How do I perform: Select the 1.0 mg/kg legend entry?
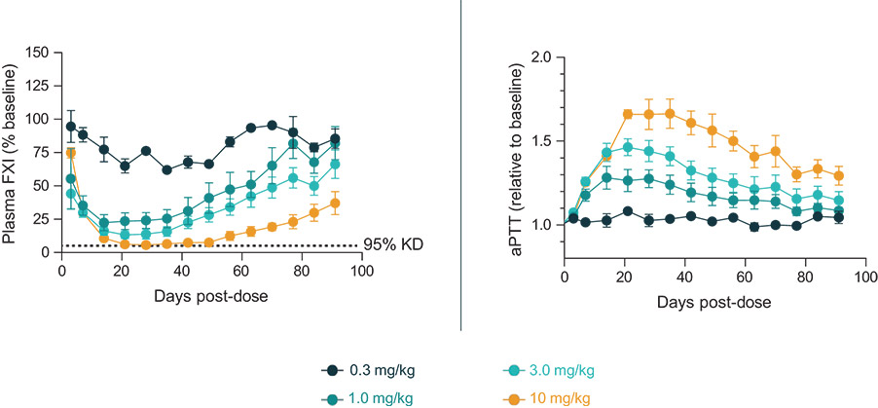click(x=370, y=398)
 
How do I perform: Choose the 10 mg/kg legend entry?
click(x=544, y=398)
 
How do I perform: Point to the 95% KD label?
click(x=393, y=245)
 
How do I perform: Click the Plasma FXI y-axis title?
click(x=11, y=153)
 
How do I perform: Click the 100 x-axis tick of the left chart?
click(x=362, y=269)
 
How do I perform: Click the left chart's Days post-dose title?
click(x=211, y=295)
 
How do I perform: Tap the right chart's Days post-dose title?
click(x=715, y=303)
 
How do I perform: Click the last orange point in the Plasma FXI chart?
click(x=335, y=204)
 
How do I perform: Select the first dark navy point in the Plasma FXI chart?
click(x=70, y=126)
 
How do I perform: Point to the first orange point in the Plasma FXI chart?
click(x=70, y=153)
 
